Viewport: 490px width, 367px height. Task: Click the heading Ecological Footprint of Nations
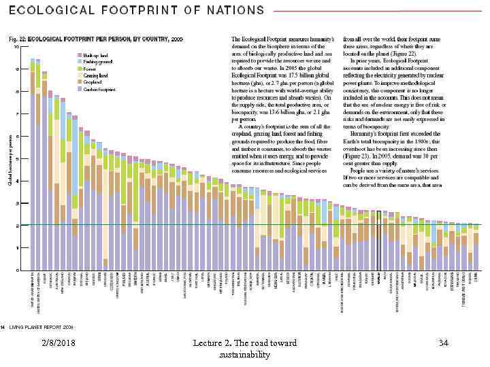(137, 10)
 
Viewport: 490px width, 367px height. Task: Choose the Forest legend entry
(90, 69)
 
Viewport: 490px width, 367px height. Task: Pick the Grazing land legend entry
(96, 75)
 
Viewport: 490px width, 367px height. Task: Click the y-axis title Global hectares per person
(10, 160)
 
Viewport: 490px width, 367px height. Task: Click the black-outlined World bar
(379, 241)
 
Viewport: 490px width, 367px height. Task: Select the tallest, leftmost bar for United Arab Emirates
(33, 163)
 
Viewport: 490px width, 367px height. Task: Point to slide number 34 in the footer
(443, 344)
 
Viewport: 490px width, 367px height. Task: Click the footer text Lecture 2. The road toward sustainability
(244, 349)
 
